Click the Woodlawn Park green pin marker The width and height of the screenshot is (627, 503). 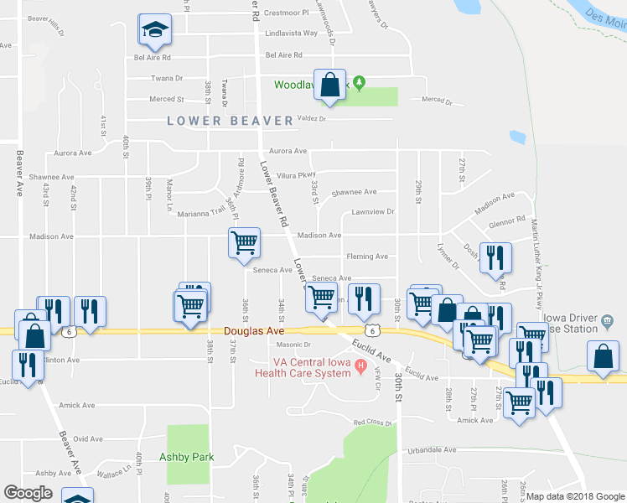[x=360, y=82]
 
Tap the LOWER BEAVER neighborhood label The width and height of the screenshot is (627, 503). [x=230, y=121]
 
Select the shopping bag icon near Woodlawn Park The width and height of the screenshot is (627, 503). [x=330, y=84]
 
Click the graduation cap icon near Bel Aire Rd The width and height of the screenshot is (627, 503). [x=154, y=31]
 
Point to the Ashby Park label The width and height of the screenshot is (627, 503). [x=187, y=457]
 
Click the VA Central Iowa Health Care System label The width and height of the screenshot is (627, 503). [x=309, y=368]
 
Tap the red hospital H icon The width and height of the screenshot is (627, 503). [x=361, y=365]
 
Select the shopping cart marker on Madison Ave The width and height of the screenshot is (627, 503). [x=244, y=242]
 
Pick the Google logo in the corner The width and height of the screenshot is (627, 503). [x=28, y=493]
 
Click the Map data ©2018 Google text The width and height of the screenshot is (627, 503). [x=575, y=496]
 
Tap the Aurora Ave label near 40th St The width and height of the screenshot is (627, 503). [x=73, y=153]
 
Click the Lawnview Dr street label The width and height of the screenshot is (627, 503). [x=372, y=212]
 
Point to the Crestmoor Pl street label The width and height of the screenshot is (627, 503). [x=287, y=13]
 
